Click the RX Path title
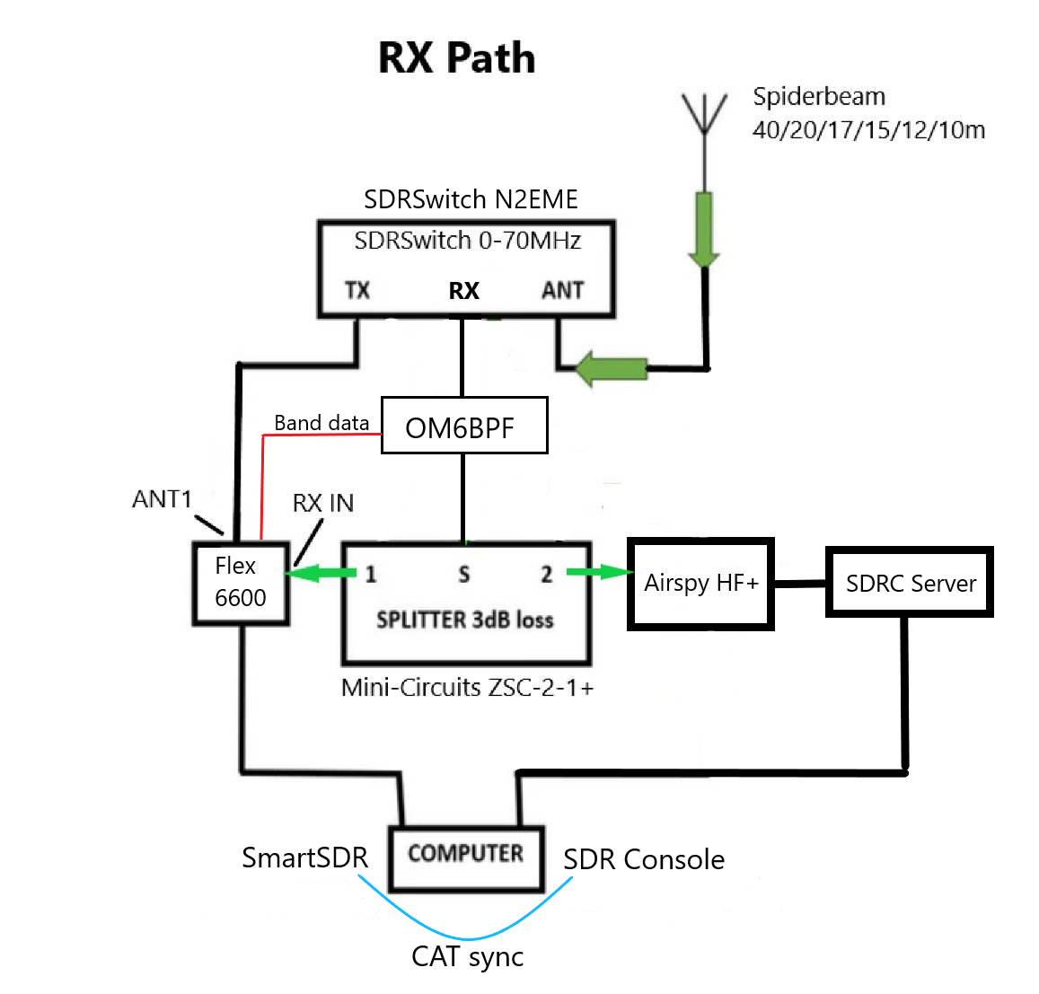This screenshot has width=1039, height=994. point(456,57)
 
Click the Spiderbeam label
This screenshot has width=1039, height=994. point(819,97)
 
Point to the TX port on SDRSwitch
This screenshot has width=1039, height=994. point(357,290)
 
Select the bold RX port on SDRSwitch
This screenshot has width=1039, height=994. point(463,291)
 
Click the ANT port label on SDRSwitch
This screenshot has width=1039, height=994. point(563,290)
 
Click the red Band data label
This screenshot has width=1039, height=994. point(321,423)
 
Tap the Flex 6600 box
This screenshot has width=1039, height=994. point(241,582)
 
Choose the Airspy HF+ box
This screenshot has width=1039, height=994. point(700,584)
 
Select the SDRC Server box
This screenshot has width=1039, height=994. point(910,583)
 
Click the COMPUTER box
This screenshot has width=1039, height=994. point(466,854)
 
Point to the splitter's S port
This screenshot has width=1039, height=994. point(463,575)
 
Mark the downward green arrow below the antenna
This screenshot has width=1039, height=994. point(704,229)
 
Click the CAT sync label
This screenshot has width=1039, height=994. point(467,957)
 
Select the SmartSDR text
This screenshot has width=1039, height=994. point(304,858)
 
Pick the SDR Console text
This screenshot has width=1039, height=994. point(644,860)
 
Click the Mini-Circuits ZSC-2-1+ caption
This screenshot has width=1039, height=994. point(467,688)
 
